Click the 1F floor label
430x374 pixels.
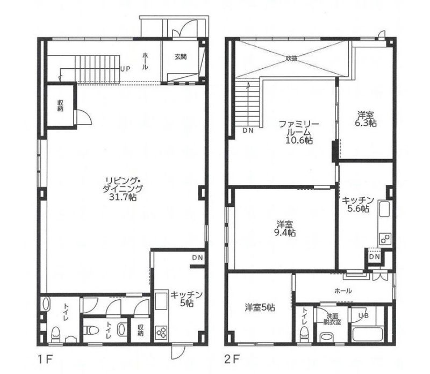coord(45,359)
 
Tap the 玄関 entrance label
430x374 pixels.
coord(181,57)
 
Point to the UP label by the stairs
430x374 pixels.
coord(125,69)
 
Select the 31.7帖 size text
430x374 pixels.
coord(123,197)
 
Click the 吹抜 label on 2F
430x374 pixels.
coord(291,58)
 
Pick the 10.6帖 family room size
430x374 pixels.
coord(299,140)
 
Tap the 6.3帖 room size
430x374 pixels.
coord(366,123)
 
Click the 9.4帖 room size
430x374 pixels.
coord(285,233)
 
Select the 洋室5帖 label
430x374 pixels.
coord(260,308)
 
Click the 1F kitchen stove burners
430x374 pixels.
coord(161,332)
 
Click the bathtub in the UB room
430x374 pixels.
coord(371,333)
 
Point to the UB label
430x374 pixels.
coord(364,315)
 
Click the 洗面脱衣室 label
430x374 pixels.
coord(332,319)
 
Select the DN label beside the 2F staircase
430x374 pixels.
coord(248,131)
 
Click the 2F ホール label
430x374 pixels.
coord(343,291)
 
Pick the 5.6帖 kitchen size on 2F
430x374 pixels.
coord(358,208)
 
